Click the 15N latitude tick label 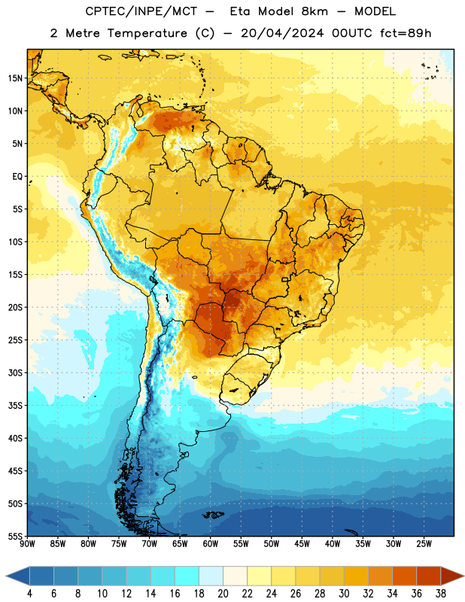[15, 78]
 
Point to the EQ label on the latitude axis [17, 177]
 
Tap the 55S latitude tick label [15, 537]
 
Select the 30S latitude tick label [15, 372]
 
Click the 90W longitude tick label [27, 543]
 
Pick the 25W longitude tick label [424, 543]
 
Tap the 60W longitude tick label [211, 543]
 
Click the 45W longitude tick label [302, 543]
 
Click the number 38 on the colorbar [441, 594]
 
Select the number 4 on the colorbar [29, 594]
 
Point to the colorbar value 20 [223, 594]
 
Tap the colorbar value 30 [344, 594]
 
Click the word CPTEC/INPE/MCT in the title [141, 11]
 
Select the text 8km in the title [315, 11]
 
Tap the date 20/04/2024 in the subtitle [282, 33]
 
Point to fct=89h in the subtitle [406, 33]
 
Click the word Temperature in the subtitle [147, 33]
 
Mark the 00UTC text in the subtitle [352, 33]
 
